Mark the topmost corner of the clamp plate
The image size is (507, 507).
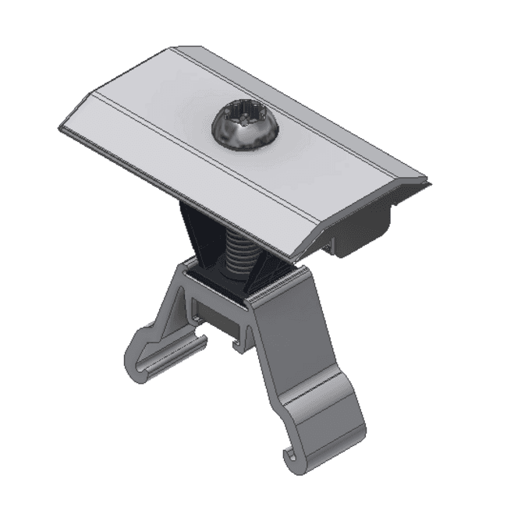tap(173, 48)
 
